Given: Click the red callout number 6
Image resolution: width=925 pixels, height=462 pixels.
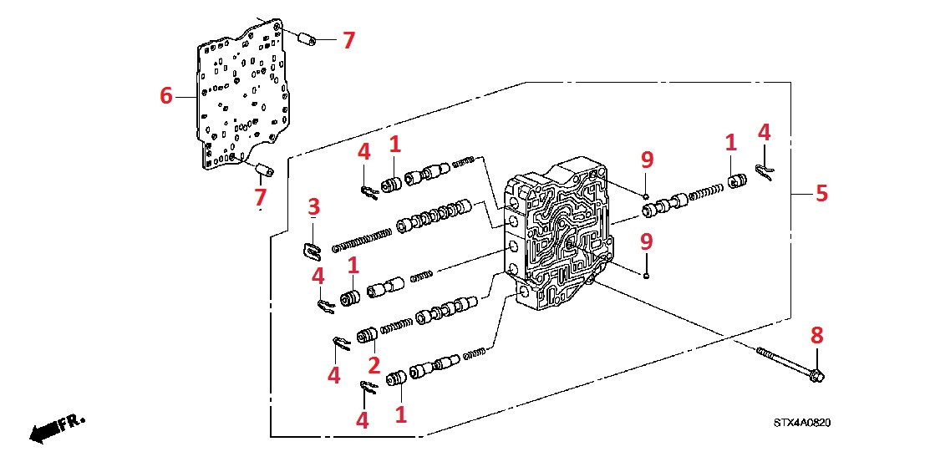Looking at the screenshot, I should coord(166,97).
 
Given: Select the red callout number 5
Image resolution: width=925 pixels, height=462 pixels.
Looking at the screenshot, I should coord(822,194).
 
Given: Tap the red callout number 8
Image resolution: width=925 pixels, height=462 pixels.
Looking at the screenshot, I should coord(817,336).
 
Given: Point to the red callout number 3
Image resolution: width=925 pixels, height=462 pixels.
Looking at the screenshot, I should coord(314,206).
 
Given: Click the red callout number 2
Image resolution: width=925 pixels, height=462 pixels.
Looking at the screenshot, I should coord(374,364).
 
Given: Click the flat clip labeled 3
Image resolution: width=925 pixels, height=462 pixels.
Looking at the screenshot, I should coord(312,248).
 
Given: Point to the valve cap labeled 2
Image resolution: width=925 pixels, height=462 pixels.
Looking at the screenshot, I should coord(366,336).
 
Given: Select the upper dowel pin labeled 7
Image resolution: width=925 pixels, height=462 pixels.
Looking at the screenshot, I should coord(306,38).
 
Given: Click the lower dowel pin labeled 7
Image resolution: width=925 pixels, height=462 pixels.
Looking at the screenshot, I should coord(265,171).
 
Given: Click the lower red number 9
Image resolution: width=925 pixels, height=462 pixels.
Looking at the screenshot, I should coord(646,241).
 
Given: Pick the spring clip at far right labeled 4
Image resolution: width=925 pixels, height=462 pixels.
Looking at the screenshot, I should coord(765,170).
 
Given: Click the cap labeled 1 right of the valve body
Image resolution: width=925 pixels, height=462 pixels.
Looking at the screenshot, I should coord(736,183).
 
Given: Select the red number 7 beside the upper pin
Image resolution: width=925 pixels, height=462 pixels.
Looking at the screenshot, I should coord(348,39).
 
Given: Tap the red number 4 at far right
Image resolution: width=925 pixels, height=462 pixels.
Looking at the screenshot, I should coord(763,132).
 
